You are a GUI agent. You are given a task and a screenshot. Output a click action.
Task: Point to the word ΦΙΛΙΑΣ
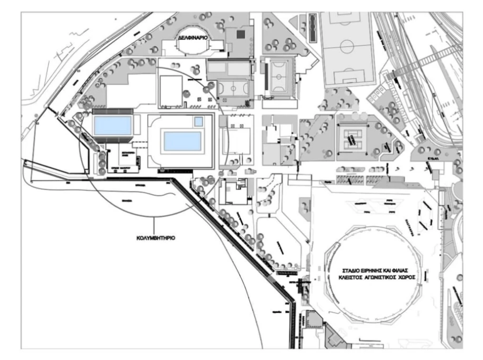pyautogui.click(x=403, y=269)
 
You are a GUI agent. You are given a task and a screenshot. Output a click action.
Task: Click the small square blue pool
pyautogui.click(x=198, y=121)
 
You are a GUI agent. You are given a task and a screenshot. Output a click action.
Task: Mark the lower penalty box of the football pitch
pyautogui.click(x=347, y=80)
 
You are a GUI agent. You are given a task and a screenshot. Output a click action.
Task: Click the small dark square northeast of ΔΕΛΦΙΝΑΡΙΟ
pyautogui.click(x=240, y=34)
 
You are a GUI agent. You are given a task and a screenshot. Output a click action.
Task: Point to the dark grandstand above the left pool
pyautogui.click(x=112, y=111)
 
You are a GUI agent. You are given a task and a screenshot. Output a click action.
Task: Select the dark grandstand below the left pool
pyautogui.click(x=112, y=139)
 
